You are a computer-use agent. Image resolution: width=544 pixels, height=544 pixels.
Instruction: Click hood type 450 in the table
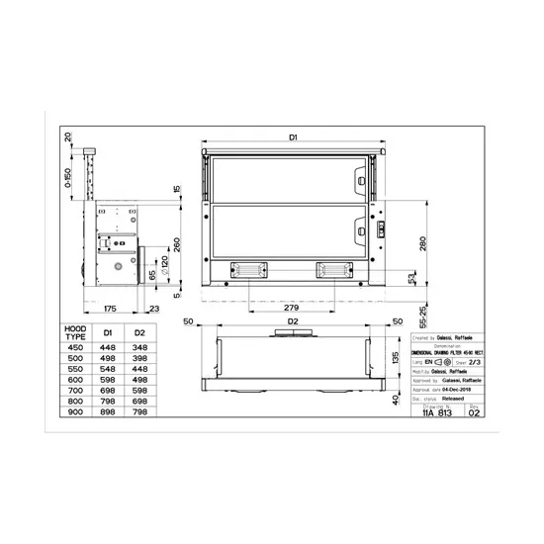pyautogui.click(x=75, y=347)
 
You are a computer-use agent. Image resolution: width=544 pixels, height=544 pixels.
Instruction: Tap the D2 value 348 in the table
pyautogui.click(x=139, y=347)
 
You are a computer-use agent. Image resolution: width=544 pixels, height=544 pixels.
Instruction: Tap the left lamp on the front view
pyautogui.click(x=247, y=269)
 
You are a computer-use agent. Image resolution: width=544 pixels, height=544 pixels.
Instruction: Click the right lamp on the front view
pyautogui.click(x=333, y=269)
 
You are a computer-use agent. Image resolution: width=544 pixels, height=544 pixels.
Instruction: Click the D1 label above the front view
pyautogui.click(x=294, y=137)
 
